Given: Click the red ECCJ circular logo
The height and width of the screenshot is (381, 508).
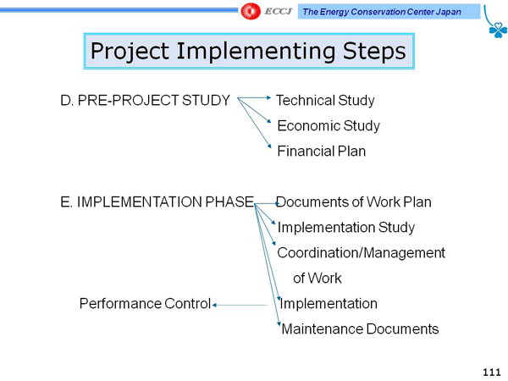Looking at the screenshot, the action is point(251,11).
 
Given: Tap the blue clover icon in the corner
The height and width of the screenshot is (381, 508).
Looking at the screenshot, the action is point(498,30).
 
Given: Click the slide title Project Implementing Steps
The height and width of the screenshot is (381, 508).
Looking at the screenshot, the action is point(248,51).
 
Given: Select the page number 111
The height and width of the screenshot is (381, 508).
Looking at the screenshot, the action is point(492,373).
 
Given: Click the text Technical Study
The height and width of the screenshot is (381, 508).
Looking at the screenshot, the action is point(325,101).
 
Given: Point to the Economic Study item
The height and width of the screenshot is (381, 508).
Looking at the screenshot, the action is point(329,125).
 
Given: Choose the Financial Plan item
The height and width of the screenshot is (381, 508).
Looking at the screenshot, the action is point(322,151).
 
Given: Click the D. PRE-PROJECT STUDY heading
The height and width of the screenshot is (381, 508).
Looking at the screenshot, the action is point(145,101).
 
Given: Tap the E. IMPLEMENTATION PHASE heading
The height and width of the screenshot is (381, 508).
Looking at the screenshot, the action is point(157,202).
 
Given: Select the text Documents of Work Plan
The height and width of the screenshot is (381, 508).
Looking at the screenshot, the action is point(353,202).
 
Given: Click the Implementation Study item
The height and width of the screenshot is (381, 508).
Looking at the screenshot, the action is point(346,228).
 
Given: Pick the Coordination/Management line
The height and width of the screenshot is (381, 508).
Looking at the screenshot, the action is point(361,252).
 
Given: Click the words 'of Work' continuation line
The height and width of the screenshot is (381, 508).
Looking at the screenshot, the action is point(317,278).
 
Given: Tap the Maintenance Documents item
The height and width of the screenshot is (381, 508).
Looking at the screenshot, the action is point(360,329).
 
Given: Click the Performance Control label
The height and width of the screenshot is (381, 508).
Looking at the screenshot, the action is point(145,304).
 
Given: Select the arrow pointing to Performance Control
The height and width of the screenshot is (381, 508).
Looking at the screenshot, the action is point(240,305).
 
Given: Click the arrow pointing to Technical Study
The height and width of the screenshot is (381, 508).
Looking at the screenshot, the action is point(254,97).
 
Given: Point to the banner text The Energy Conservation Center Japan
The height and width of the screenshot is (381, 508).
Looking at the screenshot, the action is point(382,12).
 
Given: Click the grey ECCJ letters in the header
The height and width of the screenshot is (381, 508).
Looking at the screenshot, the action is point(279,12).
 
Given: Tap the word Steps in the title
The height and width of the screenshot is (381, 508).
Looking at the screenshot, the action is point(374,51).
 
